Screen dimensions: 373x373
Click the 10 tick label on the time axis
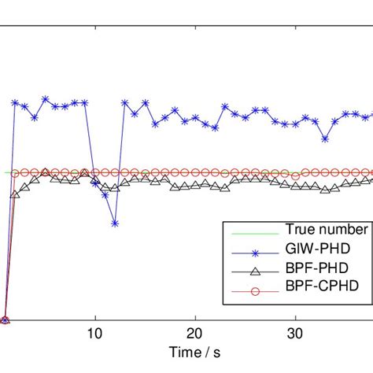[95, 333]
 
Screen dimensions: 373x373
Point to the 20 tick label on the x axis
[195, 333]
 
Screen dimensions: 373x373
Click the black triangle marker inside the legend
[253, 268]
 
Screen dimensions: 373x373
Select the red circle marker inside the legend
[253, 286]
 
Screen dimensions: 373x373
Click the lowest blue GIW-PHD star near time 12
[115, 223]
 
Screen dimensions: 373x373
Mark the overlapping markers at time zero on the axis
[6, 320]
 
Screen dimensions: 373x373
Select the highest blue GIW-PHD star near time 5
[46, 99]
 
